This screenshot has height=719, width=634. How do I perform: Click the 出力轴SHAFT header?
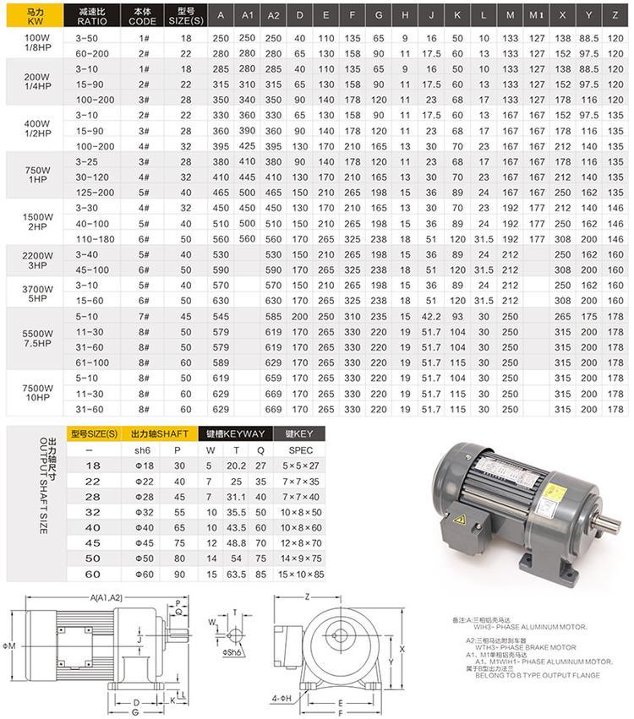click(x=160, y=433)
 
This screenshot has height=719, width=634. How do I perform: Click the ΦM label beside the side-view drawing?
click(x=11, y=645)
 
